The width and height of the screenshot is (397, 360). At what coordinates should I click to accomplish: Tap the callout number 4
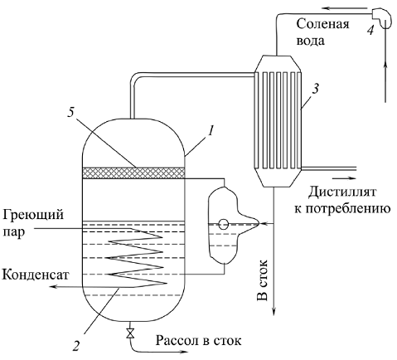[x=370, y=29]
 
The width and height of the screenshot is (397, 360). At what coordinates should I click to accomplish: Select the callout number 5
[x=71, y=114]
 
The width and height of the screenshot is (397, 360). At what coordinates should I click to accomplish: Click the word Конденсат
[x=35, y=275]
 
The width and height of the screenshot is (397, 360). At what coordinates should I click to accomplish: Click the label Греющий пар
[x=33, y=223]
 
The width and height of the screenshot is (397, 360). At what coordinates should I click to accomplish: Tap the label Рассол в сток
[x=198, y=340]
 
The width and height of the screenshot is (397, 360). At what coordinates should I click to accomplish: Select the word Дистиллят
[x=342, y=192]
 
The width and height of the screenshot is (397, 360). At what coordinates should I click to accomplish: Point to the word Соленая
[x=322, y=24]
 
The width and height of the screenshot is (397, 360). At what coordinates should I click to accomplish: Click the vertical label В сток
[x=263, y=280]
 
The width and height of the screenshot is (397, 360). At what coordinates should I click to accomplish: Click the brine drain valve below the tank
[x=130, y=333]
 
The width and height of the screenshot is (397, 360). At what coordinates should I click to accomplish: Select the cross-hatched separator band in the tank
[x=133, y=173]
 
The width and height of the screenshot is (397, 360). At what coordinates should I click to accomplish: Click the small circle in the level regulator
[x=223, y=224]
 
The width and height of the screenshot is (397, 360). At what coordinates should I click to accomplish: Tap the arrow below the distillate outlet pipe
[x=345, y=178]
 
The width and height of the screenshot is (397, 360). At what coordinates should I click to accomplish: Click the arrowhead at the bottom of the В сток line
[x=274, y=311]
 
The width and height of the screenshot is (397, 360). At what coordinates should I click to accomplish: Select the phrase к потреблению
[x=342, y=208]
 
